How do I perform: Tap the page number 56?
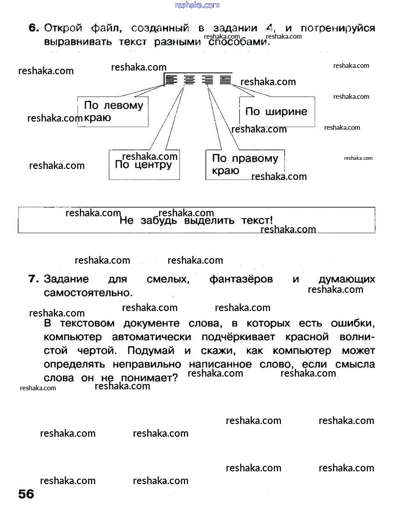[26, 494]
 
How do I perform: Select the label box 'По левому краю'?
[113, 112]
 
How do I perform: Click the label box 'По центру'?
[144, 164]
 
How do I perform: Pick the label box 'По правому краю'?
[245, 164]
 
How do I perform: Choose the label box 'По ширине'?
[277, 112]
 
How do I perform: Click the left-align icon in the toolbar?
[170, 80]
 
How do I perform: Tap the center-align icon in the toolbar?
[189, 80]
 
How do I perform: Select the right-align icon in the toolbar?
[208, 80]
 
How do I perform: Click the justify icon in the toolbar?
[225, 80]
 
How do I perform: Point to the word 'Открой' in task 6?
[63, 28]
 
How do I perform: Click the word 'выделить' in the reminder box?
[210, 221]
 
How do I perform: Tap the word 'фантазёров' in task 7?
[241, 279]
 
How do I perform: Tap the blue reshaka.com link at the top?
[197, 5]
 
